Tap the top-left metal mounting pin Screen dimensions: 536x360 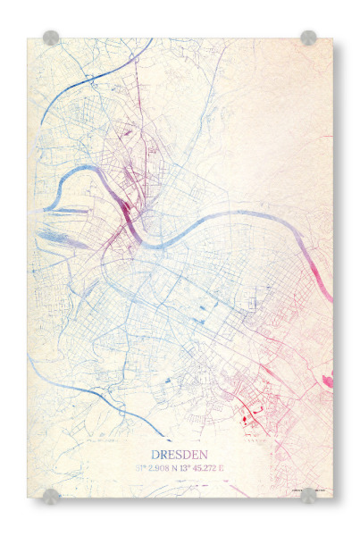click(51, 38)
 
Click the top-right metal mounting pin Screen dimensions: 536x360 click(308, 38)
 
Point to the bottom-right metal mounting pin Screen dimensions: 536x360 click(308, 495)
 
